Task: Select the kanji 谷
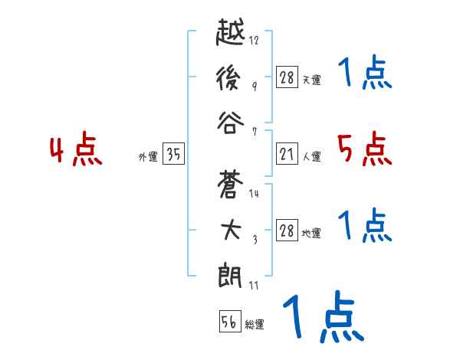tap(232, 123)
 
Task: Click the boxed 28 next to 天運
tap(287, 77)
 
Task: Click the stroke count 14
tap(255, 194)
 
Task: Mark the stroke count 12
tap(255, 40)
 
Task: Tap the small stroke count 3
tap(255, 241)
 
